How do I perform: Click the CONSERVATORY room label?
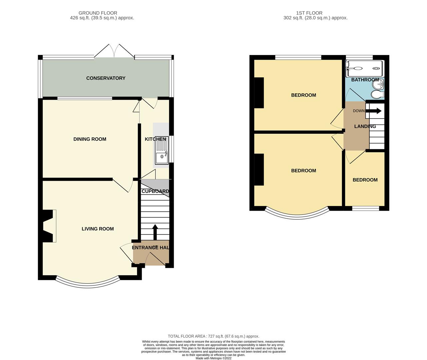pos(106,78)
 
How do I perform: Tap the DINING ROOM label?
pos(90,139)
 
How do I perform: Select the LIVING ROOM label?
pos(98,229)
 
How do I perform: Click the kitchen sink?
pos(162,156)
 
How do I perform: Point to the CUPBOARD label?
pos(155,191)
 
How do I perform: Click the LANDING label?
pos(365,126)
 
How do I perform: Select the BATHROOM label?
pos(365,80)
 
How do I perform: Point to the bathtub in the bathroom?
pos(365,68)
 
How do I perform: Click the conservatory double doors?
pos(114,52)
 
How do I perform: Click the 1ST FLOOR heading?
pos(309,13)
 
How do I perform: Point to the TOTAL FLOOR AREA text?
pos(213,336)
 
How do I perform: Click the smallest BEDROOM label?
pos(365,180)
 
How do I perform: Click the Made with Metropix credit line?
pos(213,358)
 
